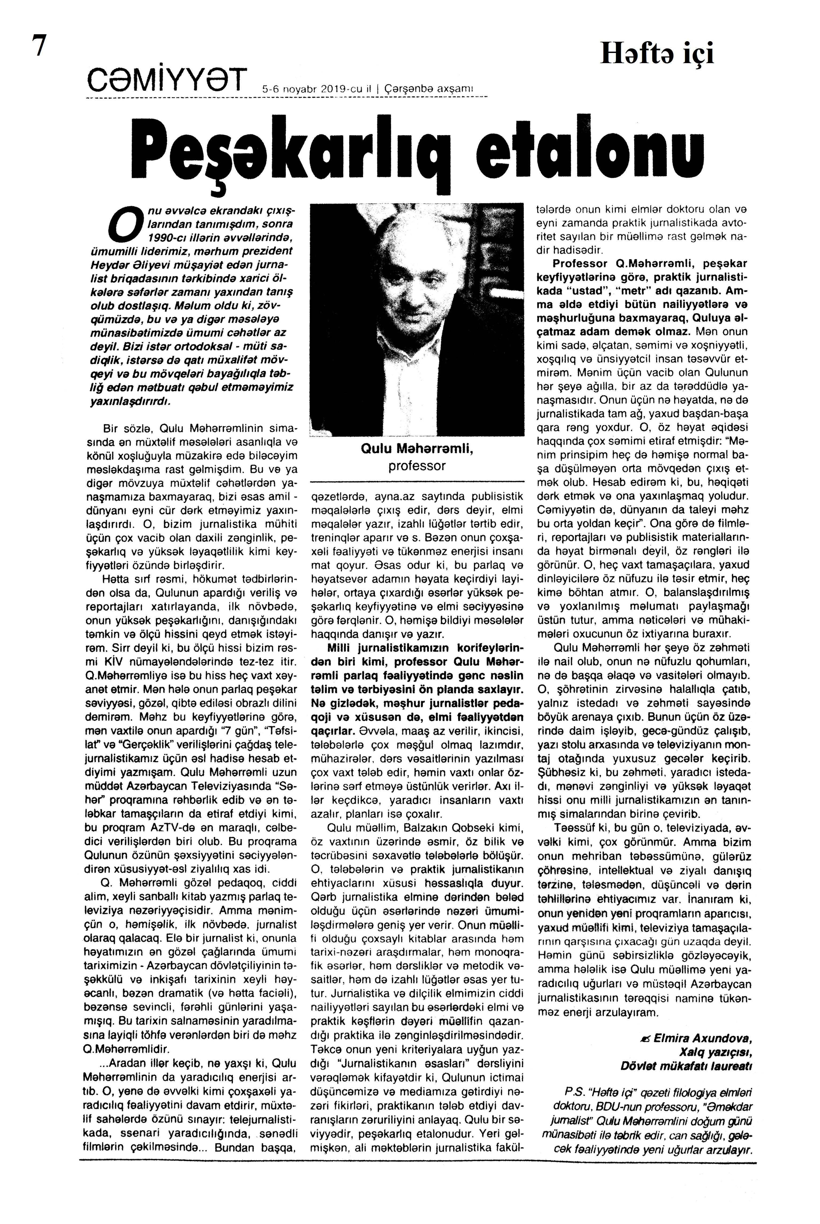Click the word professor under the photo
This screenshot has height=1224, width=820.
tap(417, 465)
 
